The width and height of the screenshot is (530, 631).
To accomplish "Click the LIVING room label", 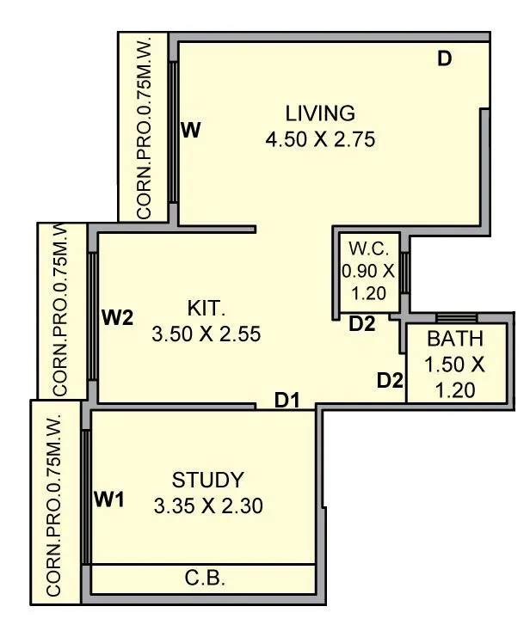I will click(x=320, y=113).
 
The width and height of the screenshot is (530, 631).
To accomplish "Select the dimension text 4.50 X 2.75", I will click(x=320, y=139).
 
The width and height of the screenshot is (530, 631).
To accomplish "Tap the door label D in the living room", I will click(x=444, y=59).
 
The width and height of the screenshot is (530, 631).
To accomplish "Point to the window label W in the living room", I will click(x=191, y=131).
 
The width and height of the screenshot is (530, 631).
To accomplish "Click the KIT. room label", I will click(x=206, y=309).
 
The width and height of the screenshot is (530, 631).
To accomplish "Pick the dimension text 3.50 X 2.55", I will click(x=206, y=334).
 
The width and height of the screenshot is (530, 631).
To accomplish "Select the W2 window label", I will click(x=118, y=318).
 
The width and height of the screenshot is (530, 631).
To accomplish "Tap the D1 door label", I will click(x=287, y=400).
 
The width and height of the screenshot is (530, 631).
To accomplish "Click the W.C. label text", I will click(x=369, y=250).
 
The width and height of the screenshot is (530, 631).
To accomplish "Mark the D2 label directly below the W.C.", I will click(x=362, y=324).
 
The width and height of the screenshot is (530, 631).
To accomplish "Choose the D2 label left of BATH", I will click(x=390, y=379).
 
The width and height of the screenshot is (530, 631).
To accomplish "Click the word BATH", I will click(x=454, y=338).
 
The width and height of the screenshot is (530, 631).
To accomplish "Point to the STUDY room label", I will click(x=207, y=480).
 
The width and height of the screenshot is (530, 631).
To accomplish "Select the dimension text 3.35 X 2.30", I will click(x=207, y=505).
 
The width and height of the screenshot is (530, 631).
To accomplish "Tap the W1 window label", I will click(x=109, y=499).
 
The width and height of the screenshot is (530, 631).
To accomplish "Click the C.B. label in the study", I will click(x=205, y=578).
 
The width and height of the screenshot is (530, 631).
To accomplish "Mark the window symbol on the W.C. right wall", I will click(x=404, y=272).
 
